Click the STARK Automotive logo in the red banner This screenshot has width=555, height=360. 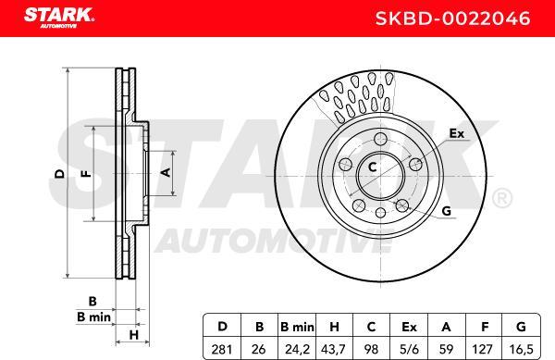59,18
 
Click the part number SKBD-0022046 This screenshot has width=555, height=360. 452,19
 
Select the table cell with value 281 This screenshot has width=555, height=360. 222,350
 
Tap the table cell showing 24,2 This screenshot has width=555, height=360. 297,350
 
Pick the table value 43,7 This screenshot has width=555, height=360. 333,350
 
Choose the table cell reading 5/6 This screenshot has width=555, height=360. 409,350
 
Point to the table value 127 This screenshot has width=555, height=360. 482,350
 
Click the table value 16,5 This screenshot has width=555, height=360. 521,350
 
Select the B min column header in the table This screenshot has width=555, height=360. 297,327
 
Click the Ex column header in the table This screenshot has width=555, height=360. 409,327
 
